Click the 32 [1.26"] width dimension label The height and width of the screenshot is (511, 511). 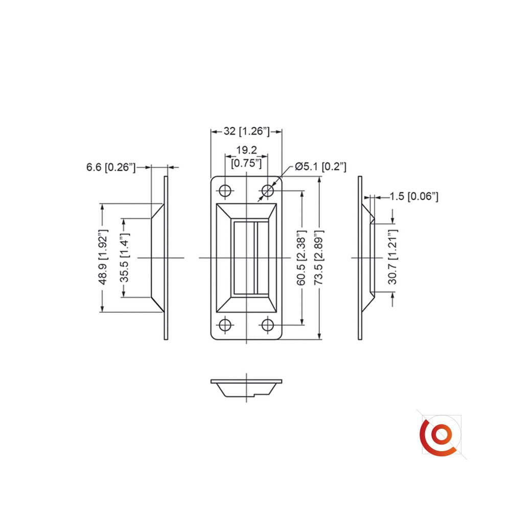click(x=247, y=131)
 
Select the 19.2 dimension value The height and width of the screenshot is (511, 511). click(x=246, y=150)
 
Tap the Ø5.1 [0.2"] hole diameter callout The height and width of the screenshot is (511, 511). click(x=320, y=167)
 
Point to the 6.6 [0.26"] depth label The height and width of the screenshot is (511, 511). click(x=111, y=167)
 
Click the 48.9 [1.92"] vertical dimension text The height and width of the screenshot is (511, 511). click(x=103, y=257)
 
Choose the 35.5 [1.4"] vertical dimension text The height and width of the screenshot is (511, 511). click(x=124, y=258)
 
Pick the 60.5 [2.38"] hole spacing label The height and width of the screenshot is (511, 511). click(x=301, y=258)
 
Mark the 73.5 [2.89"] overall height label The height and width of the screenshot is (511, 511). click(x=319, y=258)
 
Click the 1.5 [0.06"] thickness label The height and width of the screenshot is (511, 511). click(x=414, y=196)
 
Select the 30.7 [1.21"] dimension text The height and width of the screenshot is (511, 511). click(x=392, y=257)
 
